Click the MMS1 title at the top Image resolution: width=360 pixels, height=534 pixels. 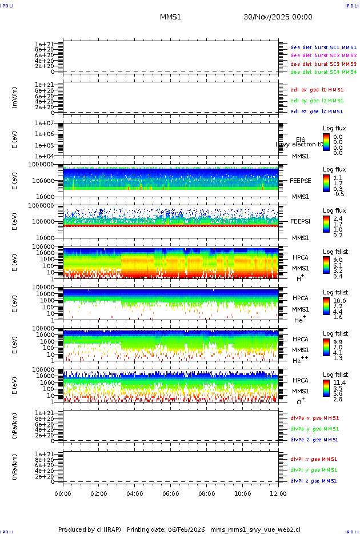tap(170, 17)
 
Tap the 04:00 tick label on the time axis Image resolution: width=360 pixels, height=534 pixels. tap(135, 493)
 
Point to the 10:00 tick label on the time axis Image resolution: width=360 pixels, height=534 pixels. tap(243, 493)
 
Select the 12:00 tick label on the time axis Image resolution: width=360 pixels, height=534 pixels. tap(278, 493)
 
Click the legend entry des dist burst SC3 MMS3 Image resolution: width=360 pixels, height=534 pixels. tap(323, 64)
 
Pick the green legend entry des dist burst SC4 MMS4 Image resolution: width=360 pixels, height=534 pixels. tap(323, 73)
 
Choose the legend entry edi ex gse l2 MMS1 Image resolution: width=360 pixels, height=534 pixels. tap(317, 90)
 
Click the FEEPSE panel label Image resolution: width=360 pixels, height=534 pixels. tap(301, 180)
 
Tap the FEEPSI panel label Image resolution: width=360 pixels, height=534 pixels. tap(301, 221)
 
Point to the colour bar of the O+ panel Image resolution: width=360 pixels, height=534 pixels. tap(326, 388)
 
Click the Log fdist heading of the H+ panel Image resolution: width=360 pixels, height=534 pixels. tap(335, 252)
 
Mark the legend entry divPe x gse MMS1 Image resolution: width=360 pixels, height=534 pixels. tap(314, 418)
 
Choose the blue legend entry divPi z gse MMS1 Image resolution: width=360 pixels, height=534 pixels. tap(314, 481)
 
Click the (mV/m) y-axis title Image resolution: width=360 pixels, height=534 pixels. tap(15, 97)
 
